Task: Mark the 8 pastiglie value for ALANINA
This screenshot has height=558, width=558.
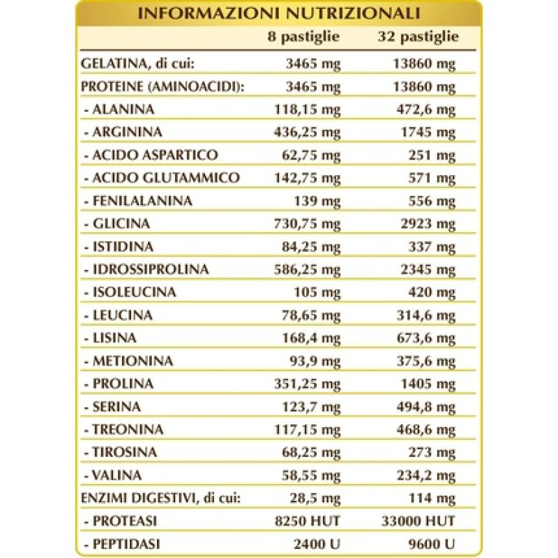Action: [307, 109]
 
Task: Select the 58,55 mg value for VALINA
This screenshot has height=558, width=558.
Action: [310, 475]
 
